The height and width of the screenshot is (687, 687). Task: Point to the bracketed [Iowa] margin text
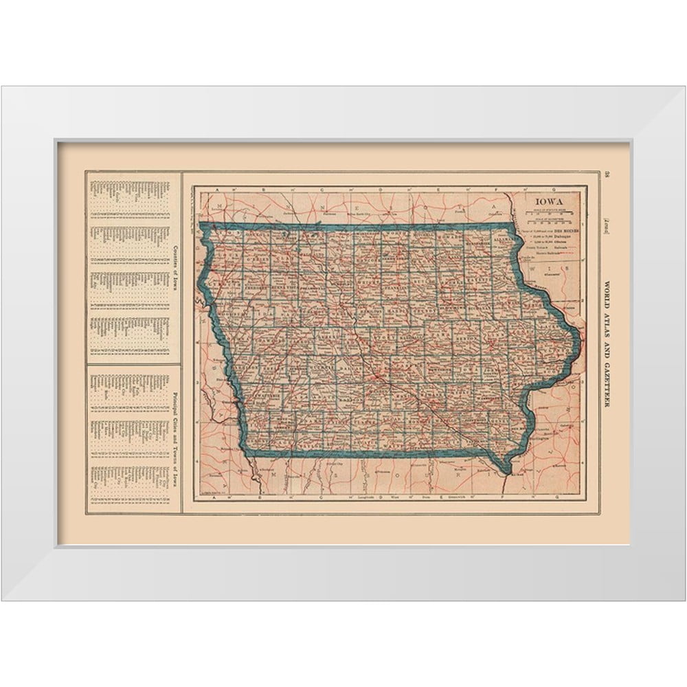607,226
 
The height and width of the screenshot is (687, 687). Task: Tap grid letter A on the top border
217,190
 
